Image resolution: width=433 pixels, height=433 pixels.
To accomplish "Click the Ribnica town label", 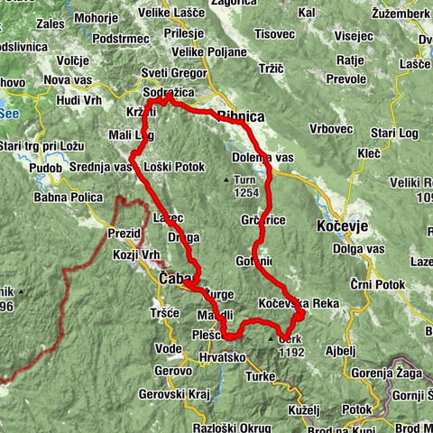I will click(242, 115).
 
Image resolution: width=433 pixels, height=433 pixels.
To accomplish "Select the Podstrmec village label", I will click(125, 40).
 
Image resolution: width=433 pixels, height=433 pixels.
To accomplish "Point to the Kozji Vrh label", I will click(111, 256).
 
